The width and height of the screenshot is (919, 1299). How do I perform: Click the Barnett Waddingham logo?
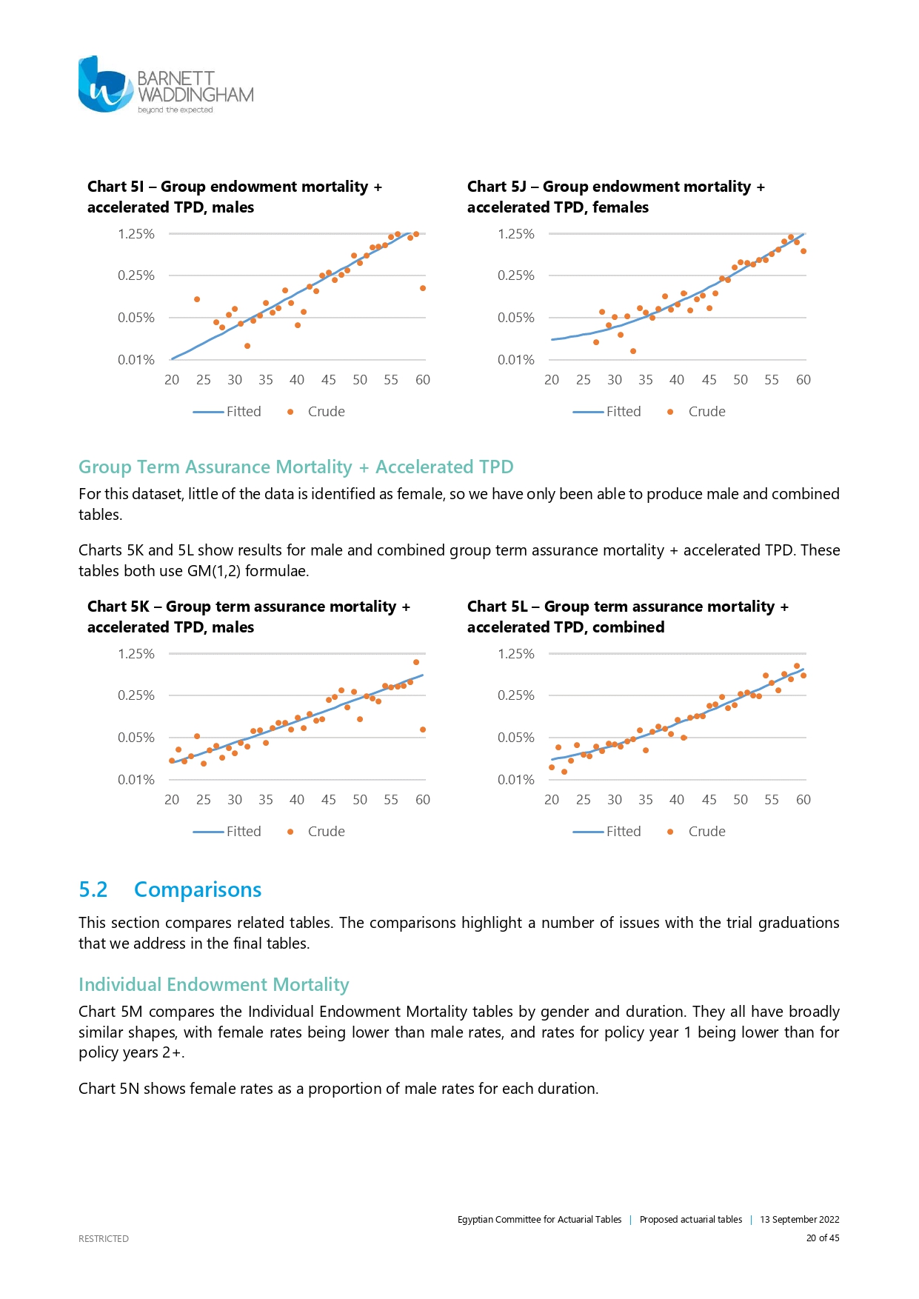(165, 85)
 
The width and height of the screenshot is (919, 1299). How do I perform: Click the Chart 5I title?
(234, 197)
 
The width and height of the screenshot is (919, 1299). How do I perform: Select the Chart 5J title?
(615, 197)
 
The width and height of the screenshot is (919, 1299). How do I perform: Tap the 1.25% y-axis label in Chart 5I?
(136, 234)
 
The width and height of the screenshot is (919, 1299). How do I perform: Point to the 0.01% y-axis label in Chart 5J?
(516, 360)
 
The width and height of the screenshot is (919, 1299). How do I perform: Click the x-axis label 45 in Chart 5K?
(329, 800)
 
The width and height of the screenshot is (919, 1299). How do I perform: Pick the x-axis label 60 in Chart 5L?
(803, 800)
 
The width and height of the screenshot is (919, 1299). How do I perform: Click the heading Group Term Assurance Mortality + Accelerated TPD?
(295, 467)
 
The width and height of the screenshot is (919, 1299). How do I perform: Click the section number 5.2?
(93, 889)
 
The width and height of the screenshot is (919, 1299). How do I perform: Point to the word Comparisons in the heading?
(198, 889)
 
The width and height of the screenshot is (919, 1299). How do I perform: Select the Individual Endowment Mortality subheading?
(213, 984)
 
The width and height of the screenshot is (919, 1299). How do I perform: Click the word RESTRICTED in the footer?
(104, 1238)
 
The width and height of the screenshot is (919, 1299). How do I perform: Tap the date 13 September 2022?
(799, 1220)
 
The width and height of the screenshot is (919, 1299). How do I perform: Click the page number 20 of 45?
(823, 1238)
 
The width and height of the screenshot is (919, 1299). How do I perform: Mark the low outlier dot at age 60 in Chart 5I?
(423, 288)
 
